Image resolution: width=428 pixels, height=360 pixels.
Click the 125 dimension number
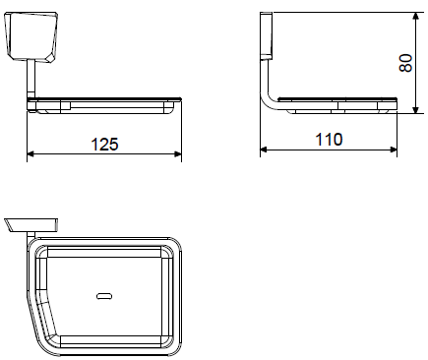coord(104,145)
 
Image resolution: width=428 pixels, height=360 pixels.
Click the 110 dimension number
coord(329,140)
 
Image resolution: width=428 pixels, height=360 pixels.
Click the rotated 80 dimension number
coord(405,63)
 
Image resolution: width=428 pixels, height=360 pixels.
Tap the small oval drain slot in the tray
coord(104,296)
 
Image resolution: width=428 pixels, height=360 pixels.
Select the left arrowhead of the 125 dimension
coord(31,153)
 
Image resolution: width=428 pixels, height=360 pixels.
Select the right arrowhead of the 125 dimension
coord(178,153)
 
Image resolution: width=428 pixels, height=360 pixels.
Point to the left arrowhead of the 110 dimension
coord(264,150)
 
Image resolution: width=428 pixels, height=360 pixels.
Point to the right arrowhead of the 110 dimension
coord(394,150)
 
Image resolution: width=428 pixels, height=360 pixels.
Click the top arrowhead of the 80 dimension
coord(415,17)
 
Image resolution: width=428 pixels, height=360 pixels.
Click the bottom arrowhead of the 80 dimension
coord(415,109)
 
